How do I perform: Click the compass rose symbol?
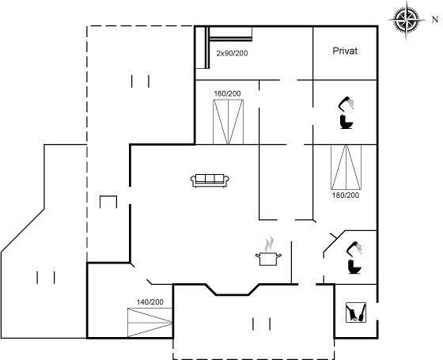point(407,20)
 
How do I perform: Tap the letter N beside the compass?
point(435,20)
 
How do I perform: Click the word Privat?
point(345,51)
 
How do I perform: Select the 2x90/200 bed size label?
point(232,53)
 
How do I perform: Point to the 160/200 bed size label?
point(228,93)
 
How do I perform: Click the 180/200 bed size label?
point(346,195)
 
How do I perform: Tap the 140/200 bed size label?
point(150,302)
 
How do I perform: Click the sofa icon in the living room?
point(210,180)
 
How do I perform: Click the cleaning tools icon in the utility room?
point(356,313)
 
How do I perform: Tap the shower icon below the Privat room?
point(346,104)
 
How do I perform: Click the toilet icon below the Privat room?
point(346,122)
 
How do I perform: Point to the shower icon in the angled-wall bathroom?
point(355,248)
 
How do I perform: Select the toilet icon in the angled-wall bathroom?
point(354,267)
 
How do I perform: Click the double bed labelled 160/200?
point(228,122)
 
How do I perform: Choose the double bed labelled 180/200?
point(346,167)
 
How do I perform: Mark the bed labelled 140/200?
point(150,323)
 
